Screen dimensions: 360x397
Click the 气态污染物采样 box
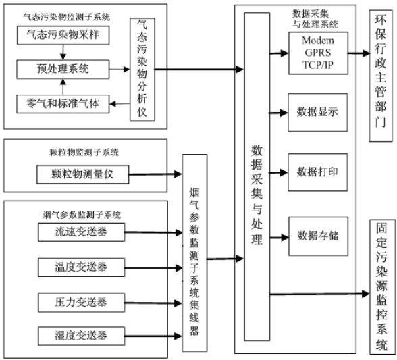click(x=61, y=34)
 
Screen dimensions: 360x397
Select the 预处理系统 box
click(x=61, y=68)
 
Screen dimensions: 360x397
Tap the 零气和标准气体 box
click(x=61, y=103)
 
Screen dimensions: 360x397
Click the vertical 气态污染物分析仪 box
click(x=142, y=69)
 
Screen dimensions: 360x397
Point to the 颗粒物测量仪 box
click(x=82, y=174)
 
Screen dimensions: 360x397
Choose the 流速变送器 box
click(x=80, y=232)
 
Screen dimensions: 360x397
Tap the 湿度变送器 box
click(x=80, y=335)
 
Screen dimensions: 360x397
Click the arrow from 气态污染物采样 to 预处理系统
click(x=61, y=51)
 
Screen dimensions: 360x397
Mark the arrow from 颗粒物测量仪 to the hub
click(x=155, y=175)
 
